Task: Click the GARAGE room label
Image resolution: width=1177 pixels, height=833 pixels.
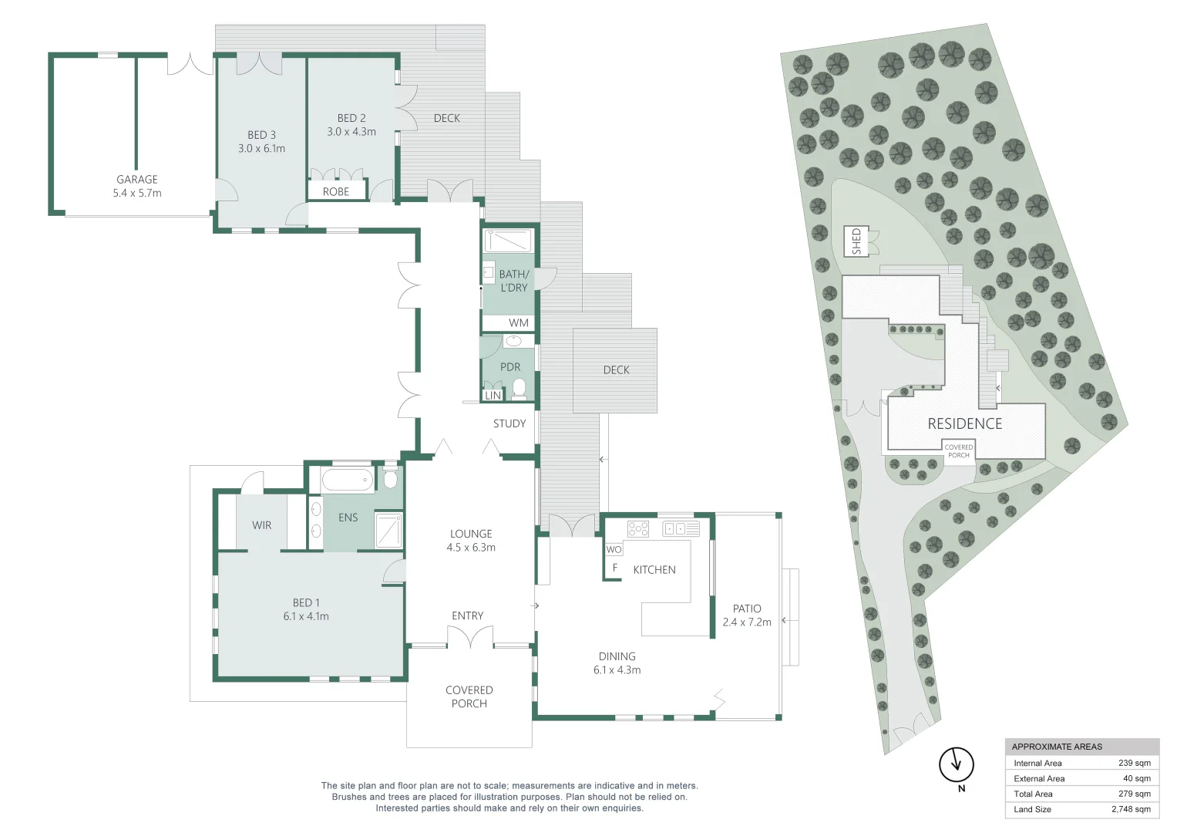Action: point(137,179)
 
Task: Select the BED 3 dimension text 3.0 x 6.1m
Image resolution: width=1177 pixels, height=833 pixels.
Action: point(261,149)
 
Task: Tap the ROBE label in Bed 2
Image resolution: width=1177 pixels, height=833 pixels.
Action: point(336,191)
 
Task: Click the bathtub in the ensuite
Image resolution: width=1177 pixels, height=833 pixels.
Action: point(347,481)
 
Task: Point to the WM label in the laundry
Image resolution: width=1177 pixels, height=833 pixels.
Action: point(519,322)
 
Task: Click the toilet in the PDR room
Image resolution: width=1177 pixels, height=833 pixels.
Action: point(520,387)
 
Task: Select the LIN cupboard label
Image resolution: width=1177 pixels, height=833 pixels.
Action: point(493,395)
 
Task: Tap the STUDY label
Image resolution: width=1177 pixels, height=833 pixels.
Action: point(509,423)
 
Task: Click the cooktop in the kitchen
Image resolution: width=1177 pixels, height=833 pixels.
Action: point(638,529)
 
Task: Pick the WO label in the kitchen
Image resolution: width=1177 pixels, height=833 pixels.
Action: point(614,549)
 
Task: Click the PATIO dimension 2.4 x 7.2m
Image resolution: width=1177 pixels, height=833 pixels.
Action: point(747,622)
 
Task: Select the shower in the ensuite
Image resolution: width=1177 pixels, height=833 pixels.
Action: point(388,531)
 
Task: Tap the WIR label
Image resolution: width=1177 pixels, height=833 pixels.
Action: point(261,525)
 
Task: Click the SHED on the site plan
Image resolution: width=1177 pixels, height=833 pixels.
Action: point(856,241)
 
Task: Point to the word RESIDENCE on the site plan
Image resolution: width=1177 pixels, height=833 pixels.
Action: point(965,423)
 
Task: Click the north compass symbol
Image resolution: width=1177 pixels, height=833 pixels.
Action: point(957,764)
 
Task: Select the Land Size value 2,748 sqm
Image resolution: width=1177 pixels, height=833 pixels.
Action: point(1131,809)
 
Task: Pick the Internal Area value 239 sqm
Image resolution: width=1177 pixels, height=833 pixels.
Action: point(1134,763)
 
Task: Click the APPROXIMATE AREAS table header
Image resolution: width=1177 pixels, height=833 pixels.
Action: point(1057,747)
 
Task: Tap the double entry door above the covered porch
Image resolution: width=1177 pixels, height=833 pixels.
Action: point(469,637)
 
